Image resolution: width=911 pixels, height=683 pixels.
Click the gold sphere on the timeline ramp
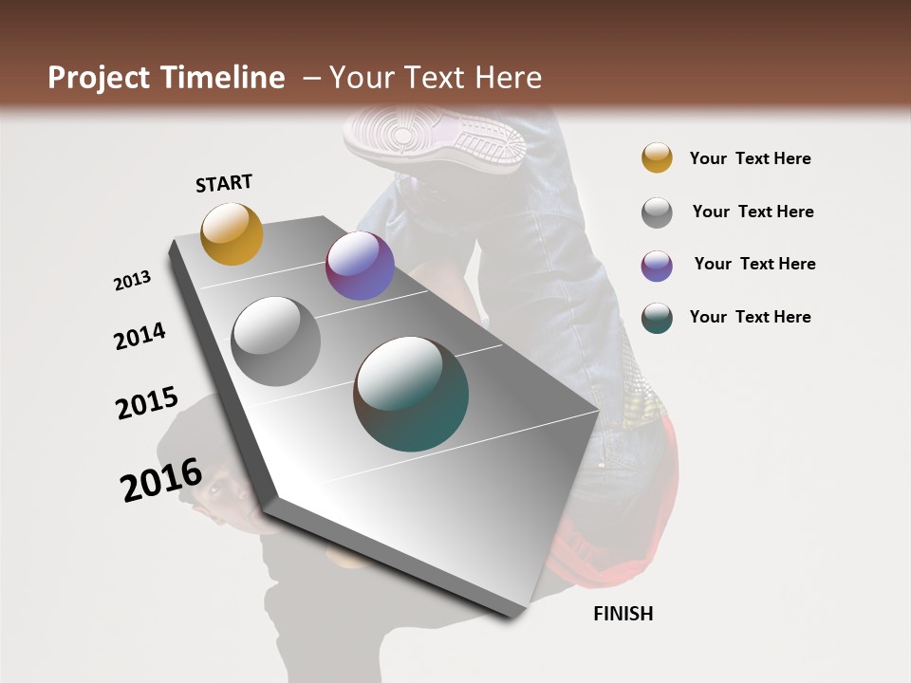232,233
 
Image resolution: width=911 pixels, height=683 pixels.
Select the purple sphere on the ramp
360,266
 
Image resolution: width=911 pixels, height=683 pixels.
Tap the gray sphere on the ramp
276,341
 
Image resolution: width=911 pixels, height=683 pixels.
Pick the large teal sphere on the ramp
411,394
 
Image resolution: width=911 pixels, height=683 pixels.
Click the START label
224,183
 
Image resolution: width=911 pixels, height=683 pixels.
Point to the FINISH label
623,614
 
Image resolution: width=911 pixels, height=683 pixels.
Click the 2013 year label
133,280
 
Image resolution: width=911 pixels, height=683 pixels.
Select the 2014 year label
139,336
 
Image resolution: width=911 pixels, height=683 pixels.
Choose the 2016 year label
161,479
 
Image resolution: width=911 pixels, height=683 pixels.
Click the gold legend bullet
657,157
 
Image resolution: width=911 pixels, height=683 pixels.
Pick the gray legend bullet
657,212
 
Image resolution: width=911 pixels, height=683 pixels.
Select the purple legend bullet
657,266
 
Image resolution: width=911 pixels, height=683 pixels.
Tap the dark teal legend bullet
657,318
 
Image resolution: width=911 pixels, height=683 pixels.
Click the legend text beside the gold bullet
750,158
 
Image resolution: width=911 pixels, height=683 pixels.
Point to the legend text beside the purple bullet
754,264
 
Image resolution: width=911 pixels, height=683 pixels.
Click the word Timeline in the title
223,78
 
